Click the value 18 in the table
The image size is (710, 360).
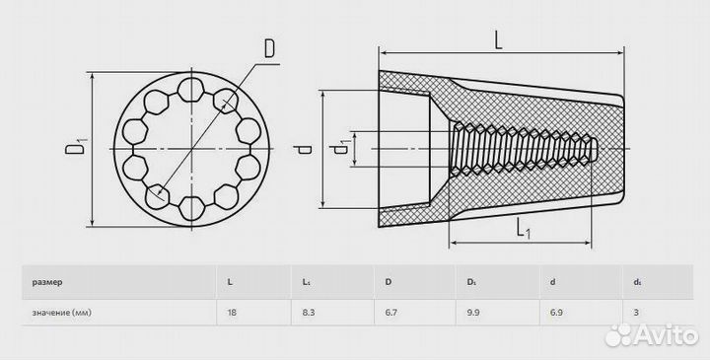(233, 312)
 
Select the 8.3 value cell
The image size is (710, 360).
(309, 312)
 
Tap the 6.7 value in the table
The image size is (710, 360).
(391, 312)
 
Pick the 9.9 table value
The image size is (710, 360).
(473, 312)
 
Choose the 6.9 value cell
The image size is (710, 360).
(556, 312)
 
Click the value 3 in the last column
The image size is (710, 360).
(636, 312)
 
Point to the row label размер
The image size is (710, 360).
(47, 282)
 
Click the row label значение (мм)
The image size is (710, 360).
(61, 313)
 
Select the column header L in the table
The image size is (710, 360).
(230, 282)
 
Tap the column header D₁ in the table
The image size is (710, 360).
(471, 282)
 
